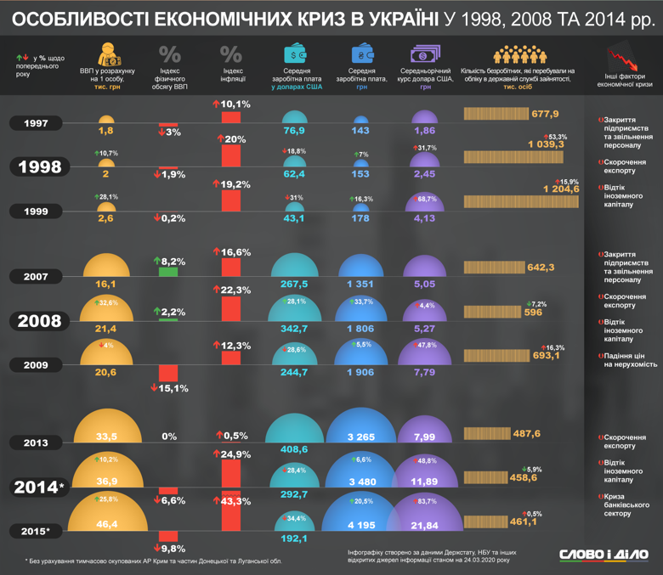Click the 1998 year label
(40, 166)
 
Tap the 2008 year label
(40, 321)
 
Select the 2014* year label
(38, 488)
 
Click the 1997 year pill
(37, 124)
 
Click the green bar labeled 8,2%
(168, 271)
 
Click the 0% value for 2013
(168, 437)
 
